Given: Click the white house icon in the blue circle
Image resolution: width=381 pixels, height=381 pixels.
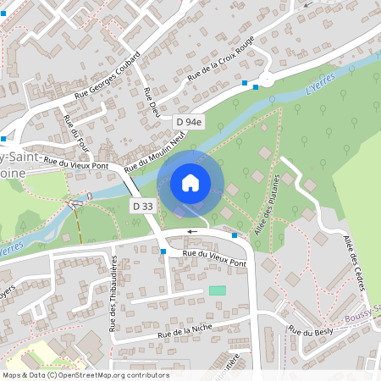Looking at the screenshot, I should [x=190, y=182].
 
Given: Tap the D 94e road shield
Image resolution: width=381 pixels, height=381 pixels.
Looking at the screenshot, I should [x=190, y=122].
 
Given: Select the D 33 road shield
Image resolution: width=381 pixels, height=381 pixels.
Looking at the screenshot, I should [x=142, y=206].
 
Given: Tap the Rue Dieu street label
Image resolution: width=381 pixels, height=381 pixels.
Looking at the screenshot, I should [x=153, y=102].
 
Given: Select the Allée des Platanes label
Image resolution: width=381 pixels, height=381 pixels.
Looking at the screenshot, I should [x=269, y=201].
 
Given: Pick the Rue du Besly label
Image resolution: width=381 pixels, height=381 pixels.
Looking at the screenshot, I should [x=312, y=330].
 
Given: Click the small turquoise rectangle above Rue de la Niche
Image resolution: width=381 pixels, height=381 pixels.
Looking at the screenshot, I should [x=218, y=290].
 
